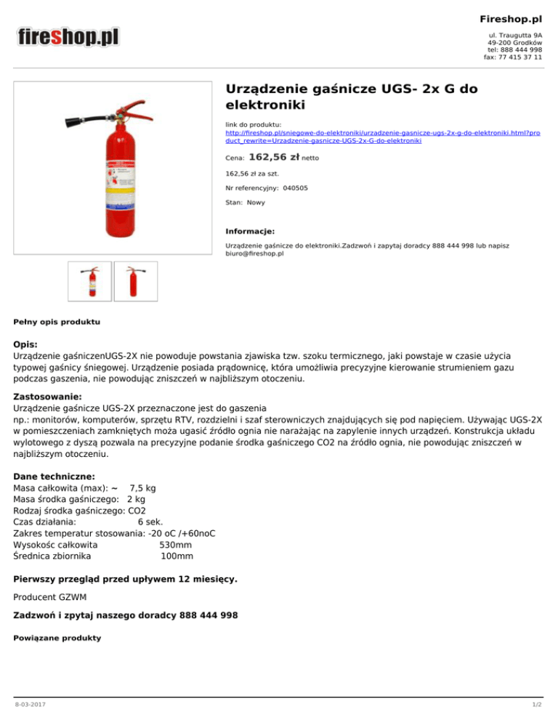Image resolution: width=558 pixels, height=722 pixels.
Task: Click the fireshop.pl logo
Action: (x=68, y=36)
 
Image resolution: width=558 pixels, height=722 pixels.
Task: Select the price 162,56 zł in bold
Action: (x=274, y=156)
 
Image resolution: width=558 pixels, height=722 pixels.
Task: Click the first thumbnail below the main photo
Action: (x=89, y=281)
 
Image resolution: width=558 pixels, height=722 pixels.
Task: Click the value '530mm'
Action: (x=176, y=544)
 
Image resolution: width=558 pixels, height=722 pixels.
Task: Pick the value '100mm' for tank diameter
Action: (x=177, y=557)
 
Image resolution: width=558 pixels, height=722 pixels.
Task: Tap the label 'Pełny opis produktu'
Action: (x=57, y=320)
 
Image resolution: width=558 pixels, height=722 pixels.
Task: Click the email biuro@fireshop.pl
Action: (x=254, y=254)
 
